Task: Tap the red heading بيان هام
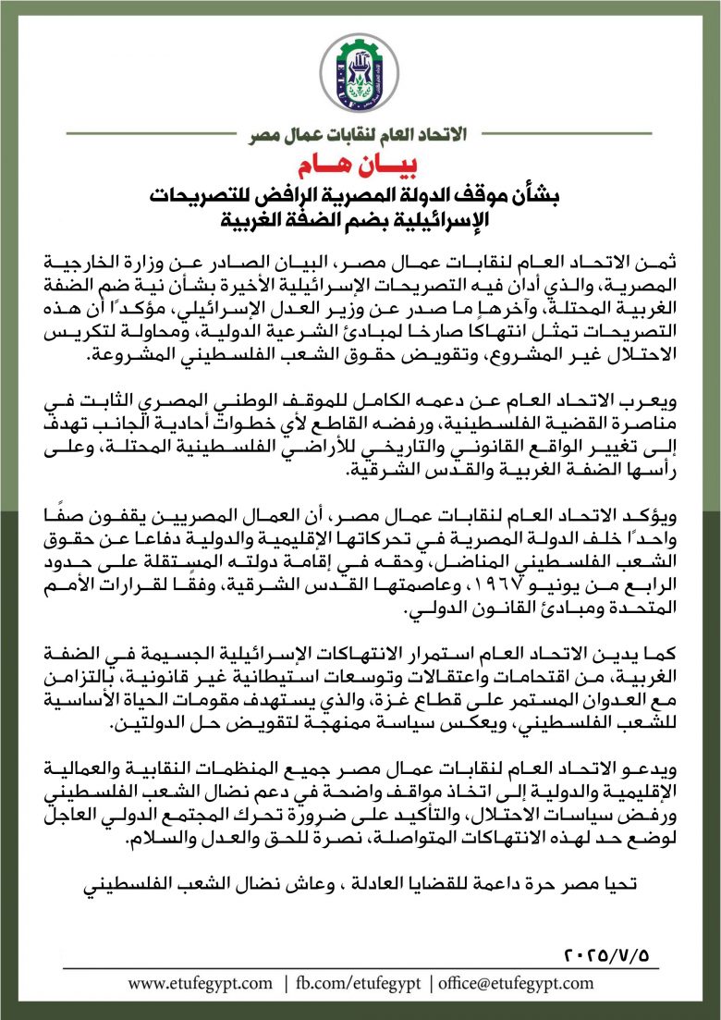click(360, 167)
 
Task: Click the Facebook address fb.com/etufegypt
click(358, 983)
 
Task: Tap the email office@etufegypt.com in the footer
click(516, 983)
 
